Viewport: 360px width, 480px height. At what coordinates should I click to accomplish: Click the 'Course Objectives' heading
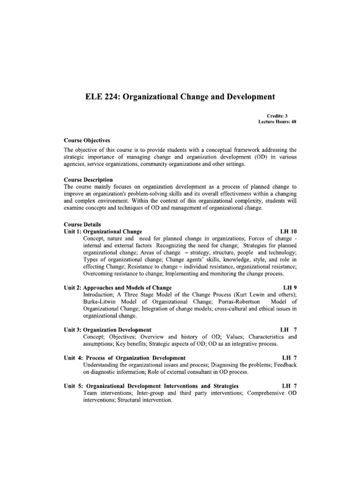(90, 140)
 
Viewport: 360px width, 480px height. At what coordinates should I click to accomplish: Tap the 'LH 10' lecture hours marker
(288, 232)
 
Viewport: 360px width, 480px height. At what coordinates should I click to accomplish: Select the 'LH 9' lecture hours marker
(290, 287)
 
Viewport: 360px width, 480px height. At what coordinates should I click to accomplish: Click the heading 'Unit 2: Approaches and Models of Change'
(118, 287)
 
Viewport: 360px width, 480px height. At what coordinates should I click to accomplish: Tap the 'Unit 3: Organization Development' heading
(107, 330)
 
